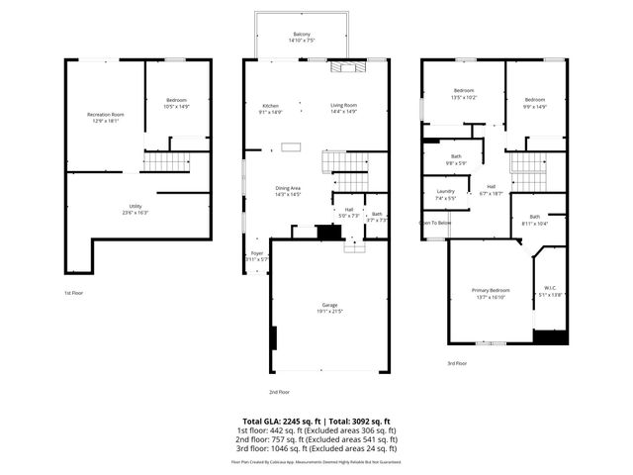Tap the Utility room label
point(136,209)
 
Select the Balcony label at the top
point(300,37)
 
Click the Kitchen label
point(270,109)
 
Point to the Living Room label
point(343,109)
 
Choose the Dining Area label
point(287,191)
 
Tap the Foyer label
point(256,256)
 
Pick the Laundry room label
point(445,195)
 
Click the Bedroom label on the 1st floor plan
point(176,103)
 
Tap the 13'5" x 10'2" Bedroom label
point(463,94)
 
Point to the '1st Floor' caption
point(74,293)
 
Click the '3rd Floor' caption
point(456,363)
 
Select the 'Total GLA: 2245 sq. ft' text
point(281,421)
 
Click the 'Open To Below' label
point(436,223)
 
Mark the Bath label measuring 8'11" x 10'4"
point(534,220)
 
